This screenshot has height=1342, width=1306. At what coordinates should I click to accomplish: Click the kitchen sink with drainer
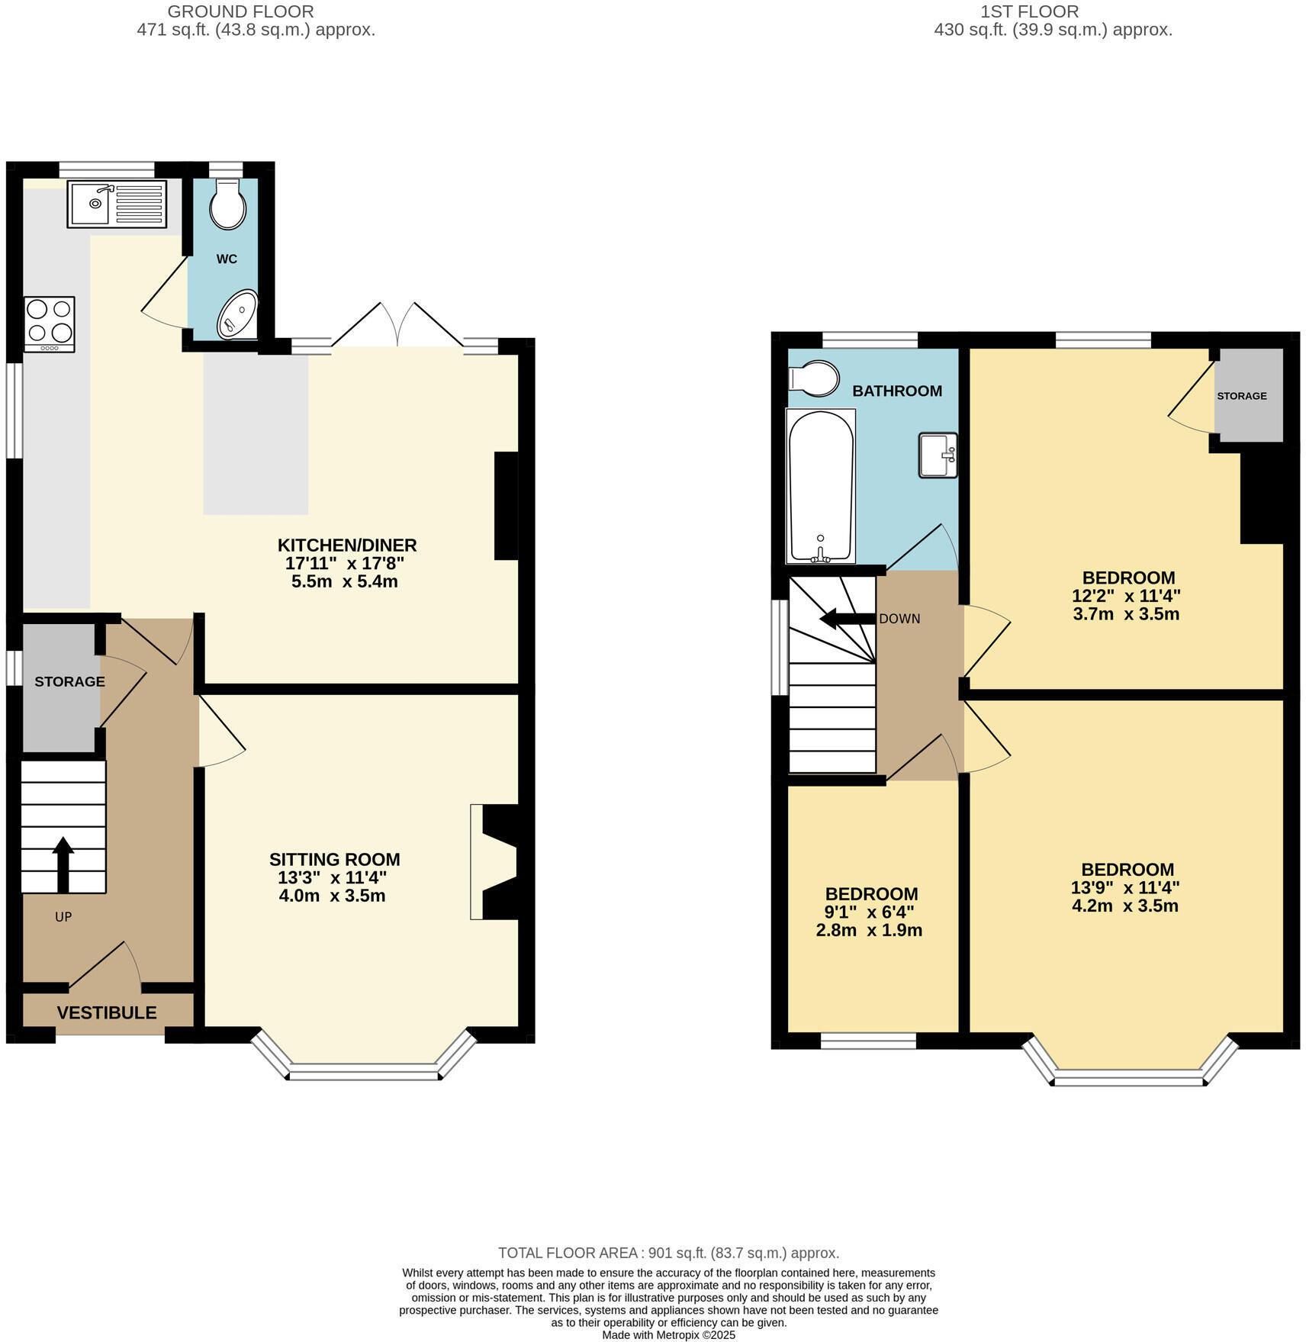coord(116,204)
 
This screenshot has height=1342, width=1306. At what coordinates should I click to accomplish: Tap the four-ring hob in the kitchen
coord(50,322)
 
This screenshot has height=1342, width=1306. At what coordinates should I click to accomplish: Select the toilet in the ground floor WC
coord(227,204)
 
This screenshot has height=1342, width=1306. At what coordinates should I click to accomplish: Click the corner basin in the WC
coord(238,314)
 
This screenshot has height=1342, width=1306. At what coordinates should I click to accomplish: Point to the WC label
coord(227,259)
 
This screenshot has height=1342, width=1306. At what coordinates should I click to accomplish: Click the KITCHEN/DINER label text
coord(347,545)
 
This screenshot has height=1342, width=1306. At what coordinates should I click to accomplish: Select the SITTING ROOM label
coord(334,860)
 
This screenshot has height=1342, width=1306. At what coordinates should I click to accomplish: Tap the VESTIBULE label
coord(107,1012)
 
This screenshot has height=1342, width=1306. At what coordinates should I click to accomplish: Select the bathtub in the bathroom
coord(820,486)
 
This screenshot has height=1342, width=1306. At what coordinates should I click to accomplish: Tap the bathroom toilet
coord(814,378)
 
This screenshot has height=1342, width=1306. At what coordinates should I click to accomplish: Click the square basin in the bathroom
coord(938,455)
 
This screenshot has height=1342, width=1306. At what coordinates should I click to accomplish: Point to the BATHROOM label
coord(896,391)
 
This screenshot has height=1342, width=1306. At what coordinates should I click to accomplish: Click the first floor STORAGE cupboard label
coord(1241,396)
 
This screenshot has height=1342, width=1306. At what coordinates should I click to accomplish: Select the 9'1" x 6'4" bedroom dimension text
coord(870,912)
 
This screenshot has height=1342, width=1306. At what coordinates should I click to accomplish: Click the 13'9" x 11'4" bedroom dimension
coord(1125,888)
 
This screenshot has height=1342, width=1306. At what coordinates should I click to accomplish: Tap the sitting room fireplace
coord(494,861)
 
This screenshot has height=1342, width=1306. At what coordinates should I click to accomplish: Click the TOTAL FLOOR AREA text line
coord(668,1253)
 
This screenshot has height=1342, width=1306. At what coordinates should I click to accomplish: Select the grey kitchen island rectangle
coord(256,433)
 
